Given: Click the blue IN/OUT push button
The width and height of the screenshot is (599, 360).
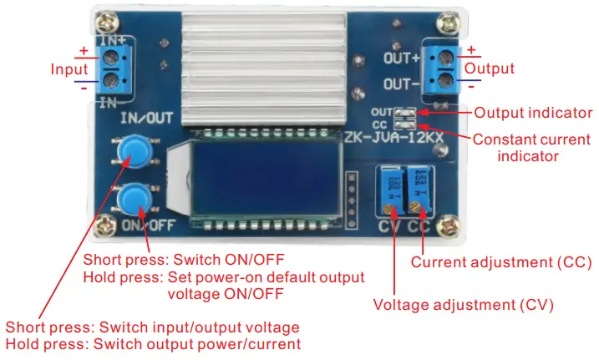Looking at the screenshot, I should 131,150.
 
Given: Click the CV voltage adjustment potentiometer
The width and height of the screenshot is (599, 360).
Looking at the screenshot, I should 390,194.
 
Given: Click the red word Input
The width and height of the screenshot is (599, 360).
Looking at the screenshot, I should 69,68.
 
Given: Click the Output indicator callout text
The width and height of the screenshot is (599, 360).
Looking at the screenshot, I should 533,112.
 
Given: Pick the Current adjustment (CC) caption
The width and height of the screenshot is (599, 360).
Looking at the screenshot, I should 501,261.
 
